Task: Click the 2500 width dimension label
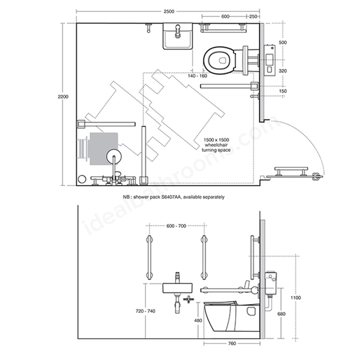[169, 11]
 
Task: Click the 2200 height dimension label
[63, 97]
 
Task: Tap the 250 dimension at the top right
[253, 16]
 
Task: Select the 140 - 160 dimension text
[197, 76]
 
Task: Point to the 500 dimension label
[282, 43]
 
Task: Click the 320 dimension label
[282, 71]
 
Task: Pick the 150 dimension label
[282, 91]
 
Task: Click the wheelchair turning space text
[216, 145]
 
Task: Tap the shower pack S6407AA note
[174, 197]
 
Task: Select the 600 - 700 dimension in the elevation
[176, 226]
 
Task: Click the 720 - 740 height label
[145, 311]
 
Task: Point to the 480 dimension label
[198, 320]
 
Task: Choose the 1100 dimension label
[295, 298]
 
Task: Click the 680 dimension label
[281, 314]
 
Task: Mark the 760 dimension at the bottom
[232, 344]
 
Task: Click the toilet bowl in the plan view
[219, 60]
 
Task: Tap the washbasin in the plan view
[178, 36]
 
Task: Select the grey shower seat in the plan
[103, 148]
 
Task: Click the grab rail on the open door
[291, 172]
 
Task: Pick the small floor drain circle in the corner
[82, 179]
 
